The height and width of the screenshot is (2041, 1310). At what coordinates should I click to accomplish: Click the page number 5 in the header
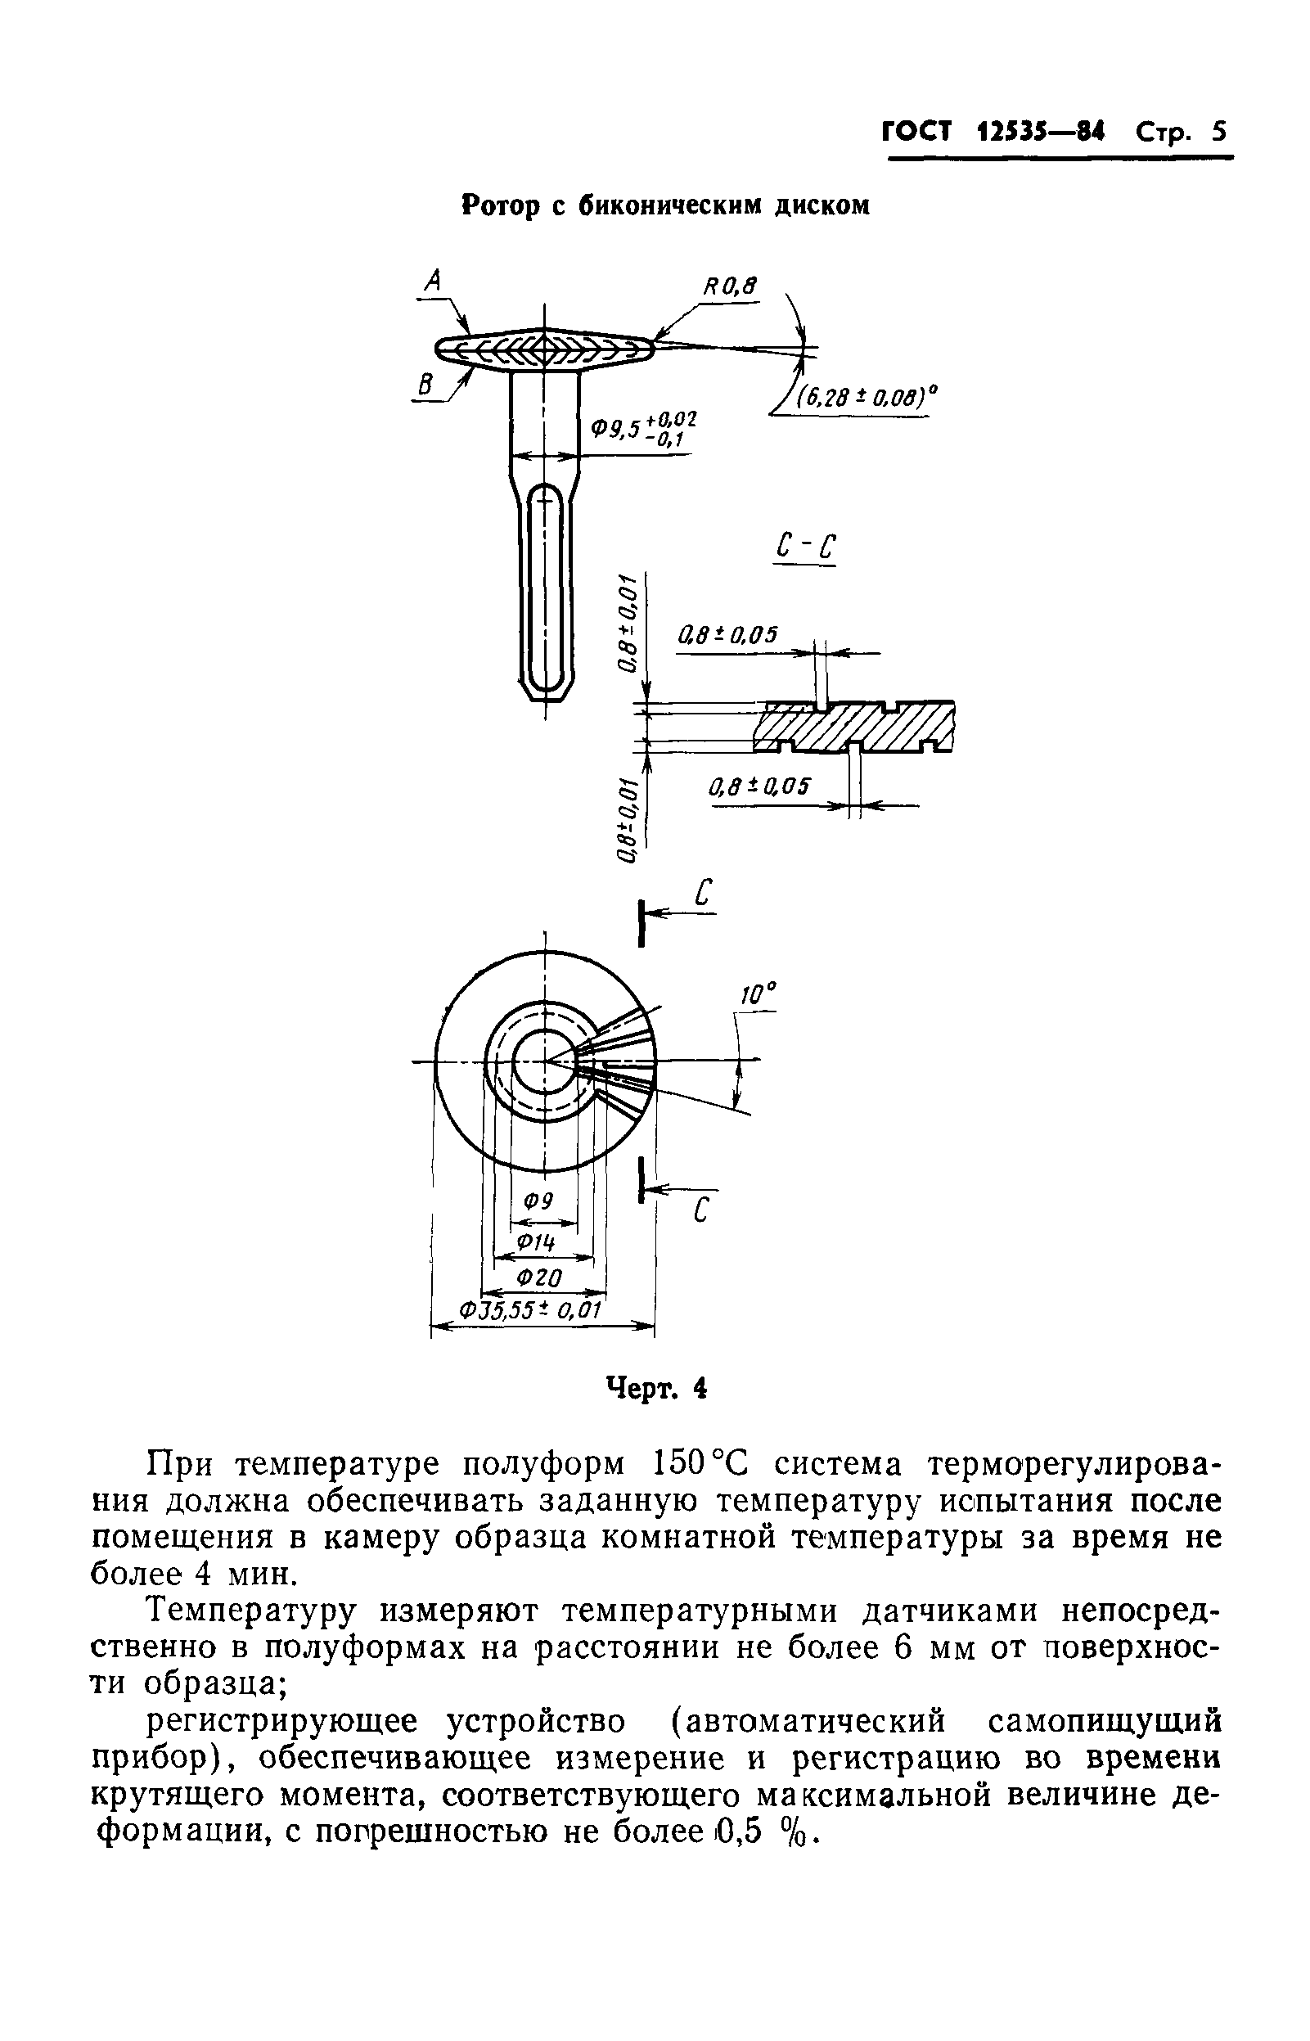1219,133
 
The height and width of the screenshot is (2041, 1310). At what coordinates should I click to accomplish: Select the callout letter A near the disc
434,281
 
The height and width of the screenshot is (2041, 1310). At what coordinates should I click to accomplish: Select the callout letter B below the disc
424,385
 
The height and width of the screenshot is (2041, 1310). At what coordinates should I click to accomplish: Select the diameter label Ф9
538,1202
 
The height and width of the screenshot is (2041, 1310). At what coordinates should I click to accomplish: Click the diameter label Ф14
538,1242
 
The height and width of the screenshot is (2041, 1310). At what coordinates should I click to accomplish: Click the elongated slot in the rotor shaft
545,586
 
